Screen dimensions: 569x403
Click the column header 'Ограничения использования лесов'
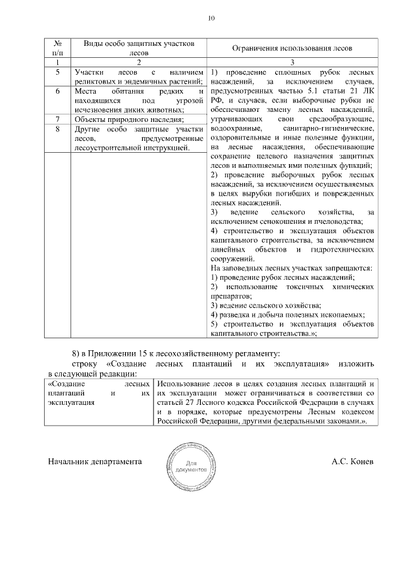(292, 48)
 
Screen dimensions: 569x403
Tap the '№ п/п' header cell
(58, 48)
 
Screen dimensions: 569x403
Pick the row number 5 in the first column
(58, 72)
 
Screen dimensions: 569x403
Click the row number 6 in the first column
(58, 91)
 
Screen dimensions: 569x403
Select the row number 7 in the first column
(58, 119)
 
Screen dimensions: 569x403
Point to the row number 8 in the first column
(58, 129)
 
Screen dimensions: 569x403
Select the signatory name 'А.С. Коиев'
(352, 461)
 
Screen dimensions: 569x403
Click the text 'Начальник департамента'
(94, 461)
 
